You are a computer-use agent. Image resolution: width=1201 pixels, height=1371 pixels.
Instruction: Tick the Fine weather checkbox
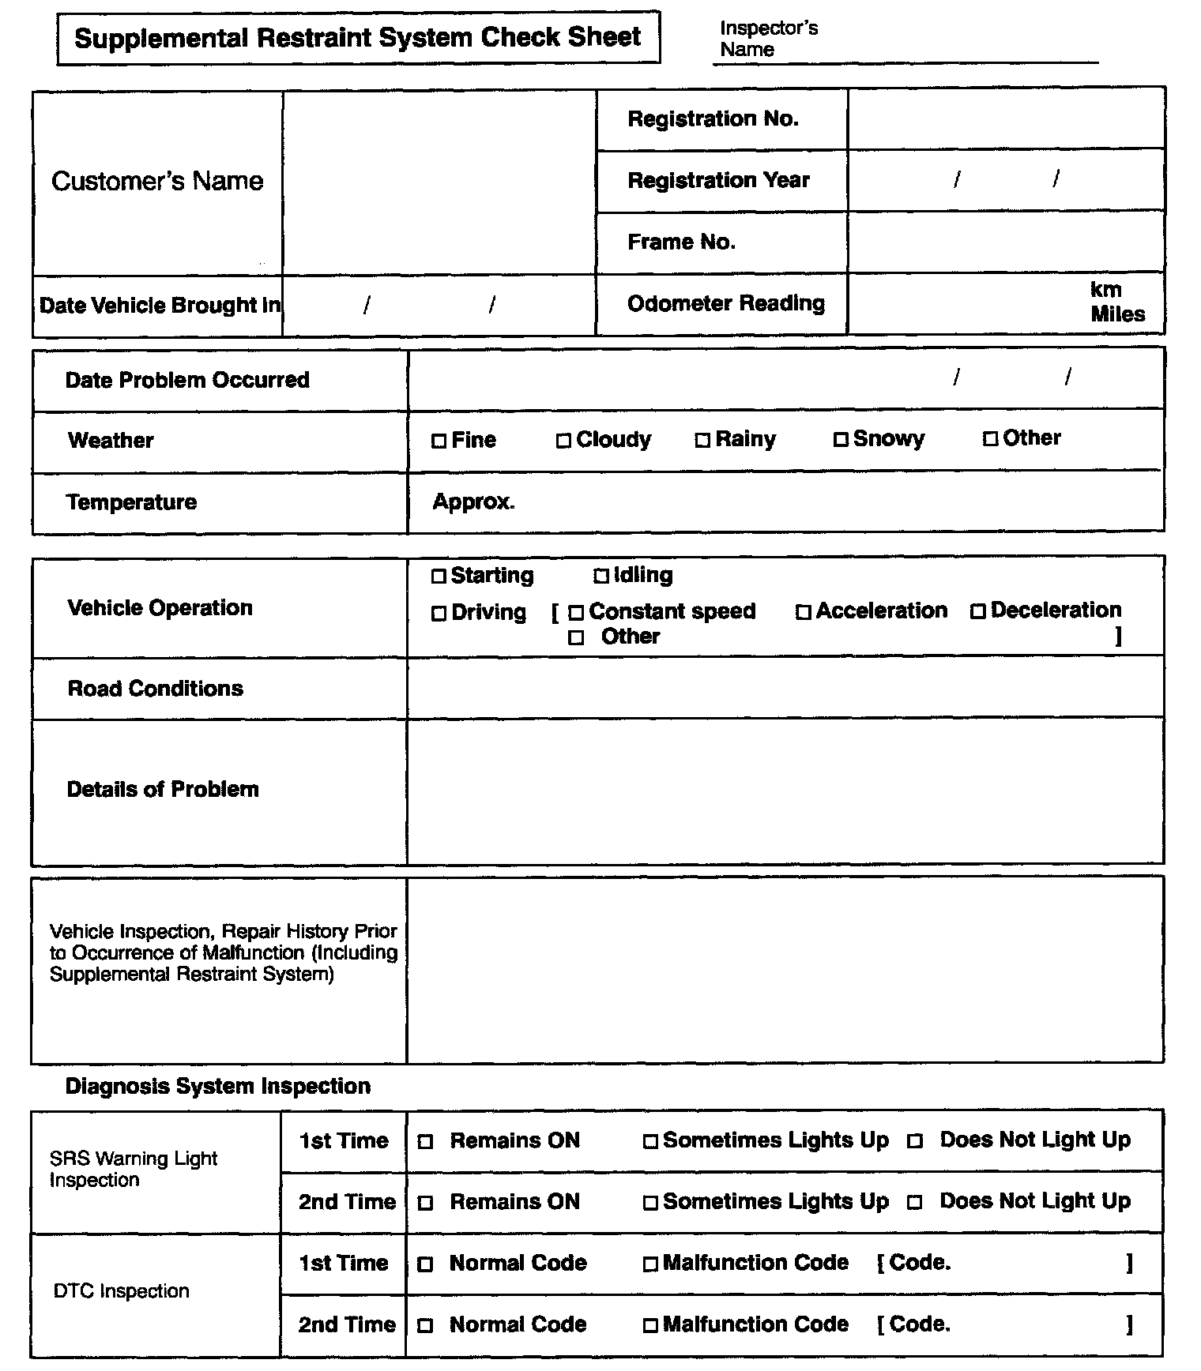click(x=439, y=441)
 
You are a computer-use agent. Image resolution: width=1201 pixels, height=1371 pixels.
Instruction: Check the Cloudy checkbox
click(x=563, y=441)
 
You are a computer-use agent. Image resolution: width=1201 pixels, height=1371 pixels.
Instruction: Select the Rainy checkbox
click(x=702, y=441)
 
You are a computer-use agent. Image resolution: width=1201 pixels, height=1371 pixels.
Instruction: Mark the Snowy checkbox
click(x=841, y=439)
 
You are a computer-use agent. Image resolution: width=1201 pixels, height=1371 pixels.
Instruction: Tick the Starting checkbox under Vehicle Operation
click(x=439, y=577)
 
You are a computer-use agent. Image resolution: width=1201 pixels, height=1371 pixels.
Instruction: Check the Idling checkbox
click(x=601, y=577)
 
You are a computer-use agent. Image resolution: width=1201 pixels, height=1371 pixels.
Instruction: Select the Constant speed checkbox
click(x=576, y=613)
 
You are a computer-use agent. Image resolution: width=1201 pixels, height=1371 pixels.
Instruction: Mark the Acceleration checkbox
click(x=804, y=613)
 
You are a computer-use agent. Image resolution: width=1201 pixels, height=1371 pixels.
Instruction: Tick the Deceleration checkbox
click(x=978, y=612)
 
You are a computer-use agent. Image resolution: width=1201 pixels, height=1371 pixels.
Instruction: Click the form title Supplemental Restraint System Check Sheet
click(x=358, y=38)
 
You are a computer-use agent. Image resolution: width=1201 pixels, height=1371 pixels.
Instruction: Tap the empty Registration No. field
click(x=1006, y=119)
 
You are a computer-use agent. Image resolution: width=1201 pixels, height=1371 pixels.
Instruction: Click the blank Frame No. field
click(x=1006, y=242)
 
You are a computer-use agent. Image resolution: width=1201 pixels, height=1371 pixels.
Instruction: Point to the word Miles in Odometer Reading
click(x=1117, y=314)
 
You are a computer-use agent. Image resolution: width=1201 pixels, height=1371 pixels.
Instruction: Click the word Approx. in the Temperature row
click(x=473, y=502)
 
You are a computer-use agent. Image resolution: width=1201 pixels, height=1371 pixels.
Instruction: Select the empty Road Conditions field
click(x=785, y=689)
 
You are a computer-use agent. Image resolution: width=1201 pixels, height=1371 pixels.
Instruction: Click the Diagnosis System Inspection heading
click(x=217, y=1087)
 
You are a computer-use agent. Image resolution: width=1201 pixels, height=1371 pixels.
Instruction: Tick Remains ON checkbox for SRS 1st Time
click(x=425, y=1142)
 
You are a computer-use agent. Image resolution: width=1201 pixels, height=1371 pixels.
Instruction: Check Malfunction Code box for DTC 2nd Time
click(x=650, y=1326)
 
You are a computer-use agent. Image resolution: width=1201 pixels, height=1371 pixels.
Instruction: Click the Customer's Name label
click(x=157, y=182)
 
